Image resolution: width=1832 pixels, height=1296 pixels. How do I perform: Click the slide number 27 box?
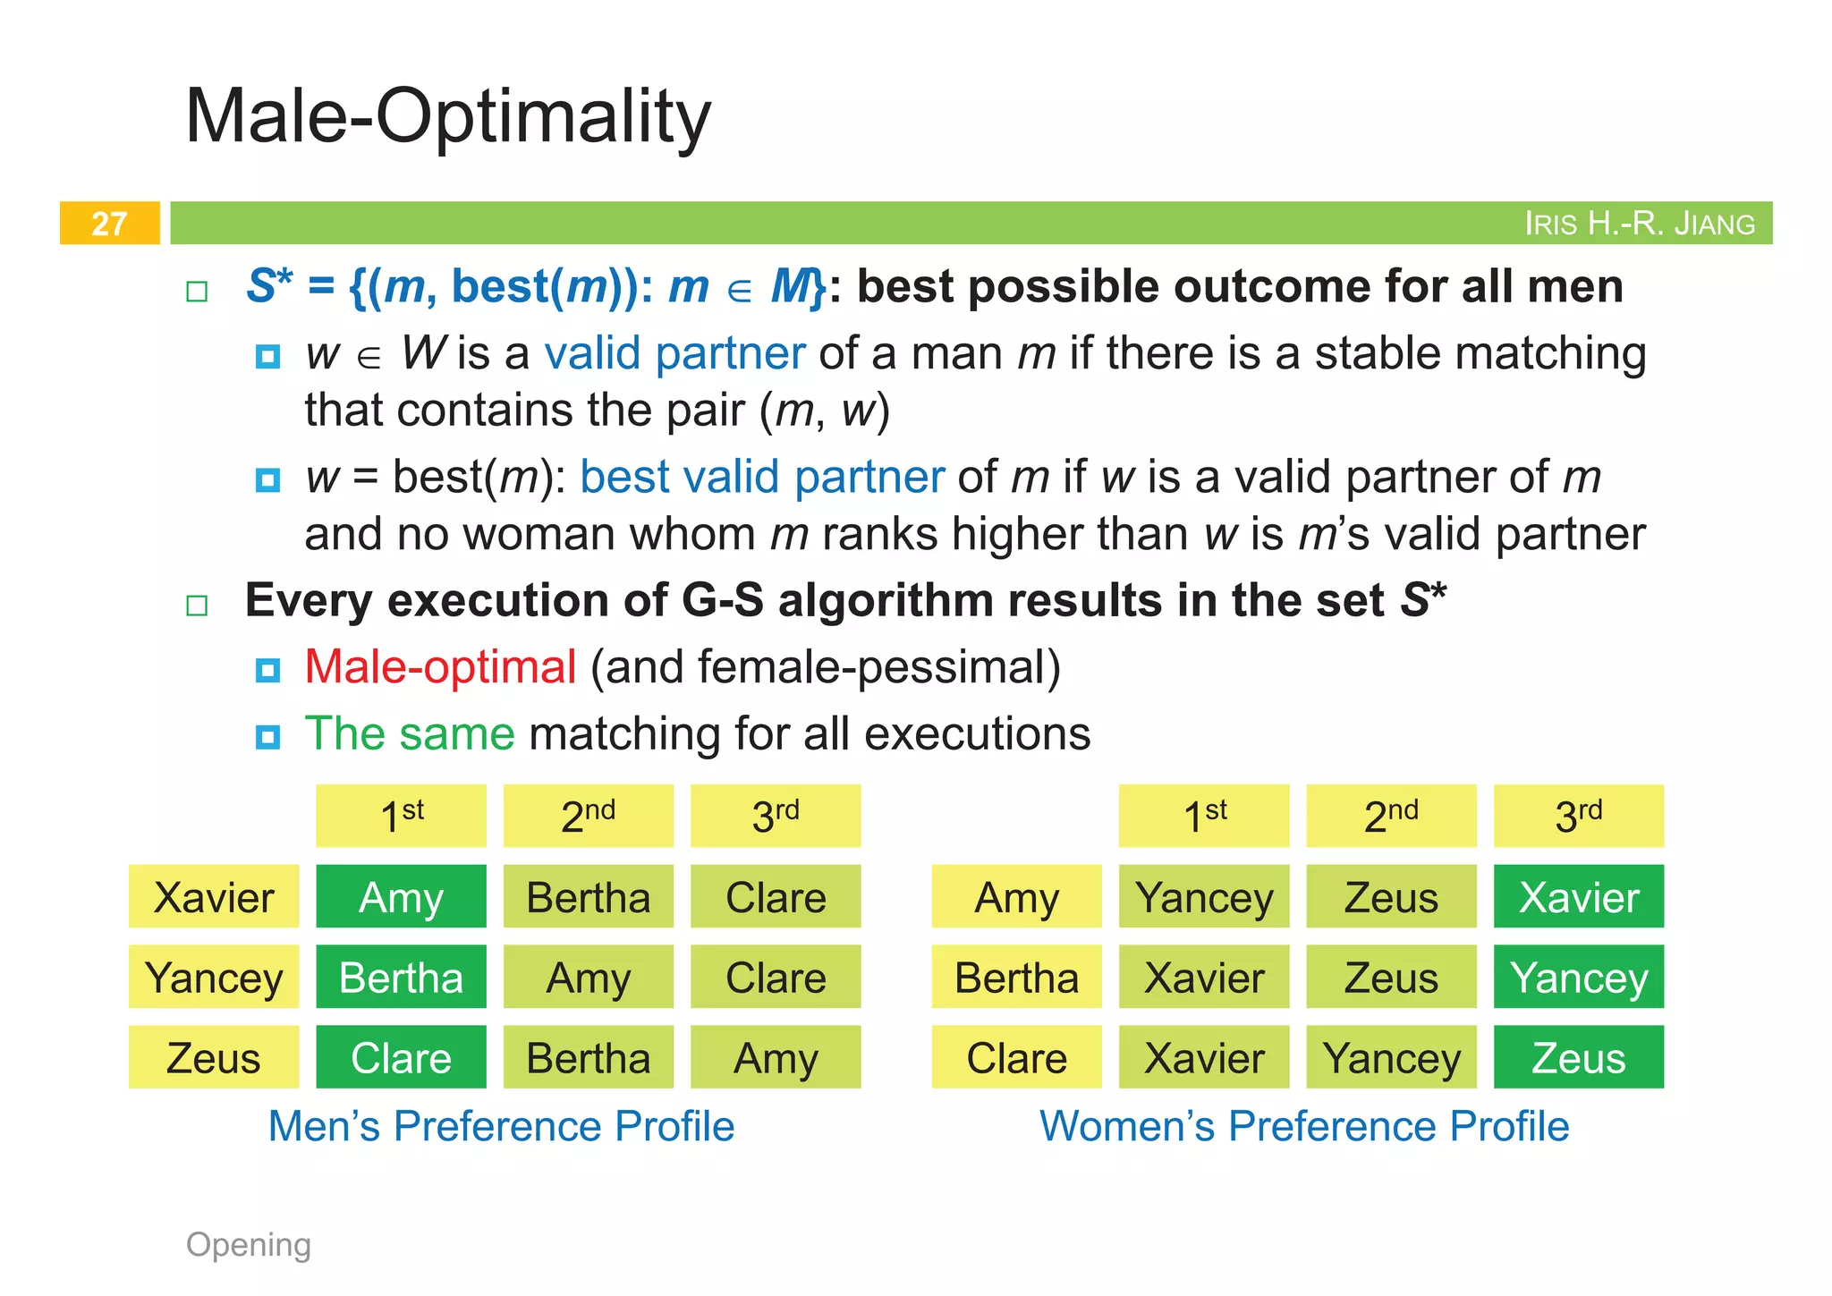(x=109, y=223)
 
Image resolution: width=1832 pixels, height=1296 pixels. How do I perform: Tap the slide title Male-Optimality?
(x=447, y=116)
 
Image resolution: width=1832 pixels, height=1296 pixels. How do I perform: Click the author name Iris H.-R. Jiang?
(x=1639, y=224)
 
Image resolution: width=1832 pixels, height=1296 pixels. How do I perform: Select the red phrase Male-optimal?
(x=440, y=667)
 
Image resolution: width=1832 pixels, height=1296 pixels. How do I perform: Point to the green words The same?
(x=410, y=734)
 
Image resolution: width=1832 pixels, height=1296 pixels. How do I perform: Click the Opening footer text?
(x=249, y=1244)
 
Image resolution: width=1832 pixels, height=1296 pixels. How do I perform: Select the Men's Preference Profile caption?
(x=501, y=1126)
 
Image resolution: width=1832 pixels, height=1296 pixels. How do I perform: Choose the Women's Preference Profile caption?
(x=1303, y=1126)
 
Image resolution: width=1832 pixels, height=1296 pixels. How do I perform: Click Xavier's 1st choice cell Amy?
(x=401, y=897)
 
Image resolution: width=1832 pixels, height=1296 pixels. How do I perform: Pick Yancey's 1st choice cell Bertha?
(x=401, y=978)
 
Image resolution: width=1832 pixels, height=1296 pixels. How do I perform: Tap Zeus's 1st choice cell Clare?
(x=401, y=1058)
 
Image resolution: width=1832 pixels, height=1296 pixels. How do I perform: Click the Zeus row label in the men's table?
(x=214, y=1058)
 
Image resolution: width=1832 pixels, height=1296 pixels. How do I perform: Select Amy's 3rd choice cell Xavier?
(x=1579, y=897)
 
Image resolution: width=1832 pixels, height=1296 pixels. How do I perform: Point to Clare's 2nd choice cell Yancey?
(x=1391, y=1058)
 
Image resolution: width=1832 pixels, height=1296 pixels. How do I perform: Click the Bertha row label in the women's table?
(x=1016, y=978)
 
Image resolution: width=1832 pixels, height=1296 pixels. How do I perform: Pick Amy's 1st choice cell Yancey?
(x=1204, y=897)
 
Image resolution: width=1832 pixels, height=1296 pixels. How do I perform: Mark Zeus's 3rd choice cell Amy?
(x=776, y=1058)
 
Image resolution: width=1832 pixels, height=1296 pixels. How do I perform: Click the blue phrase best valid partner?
(x=762, y=477)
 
